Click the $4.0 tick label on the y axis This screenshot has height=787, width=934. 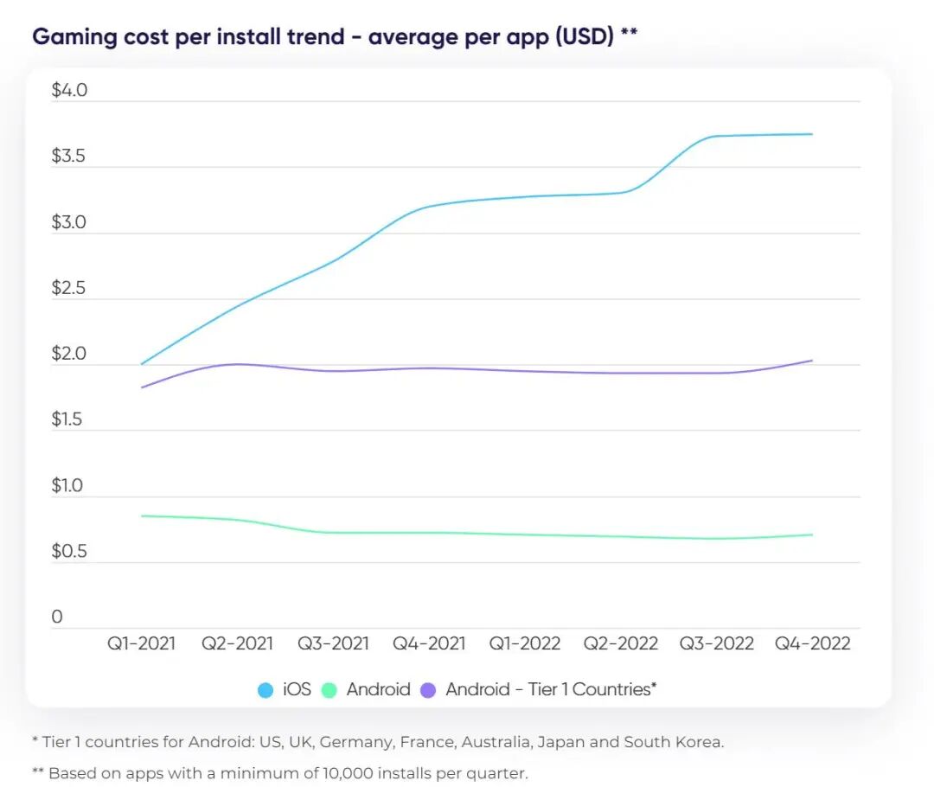[x=69, y=91]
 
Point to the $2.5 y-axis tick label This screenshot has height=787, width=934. [x=69, y=288]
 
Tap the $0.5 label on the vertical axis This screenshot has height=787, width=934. [x=69, y=552]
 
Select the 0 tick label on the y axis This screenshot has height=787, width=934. [x=57, y=617]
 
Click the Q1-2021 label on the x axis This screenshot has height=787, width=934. [x=141, y=643]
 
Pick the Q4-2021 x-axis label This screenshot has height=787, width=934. [x=429, y=643]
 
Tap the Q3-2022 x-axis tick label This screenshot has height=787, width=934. [x=715, y=643]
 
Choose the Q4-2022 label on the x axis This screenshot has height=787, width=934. [x=812, y=643]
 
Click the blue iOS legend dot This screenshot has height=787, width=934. [x=266, y=690]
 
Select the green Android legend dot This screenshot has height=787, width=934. [x=329, y=690]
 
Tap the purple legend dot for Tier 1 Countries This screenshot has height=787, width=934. [x=428, y=690]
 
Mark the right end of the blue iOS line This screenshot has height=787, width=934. [x=812, y=134]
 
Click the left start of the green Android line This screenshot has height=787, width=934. [x=142, y=516]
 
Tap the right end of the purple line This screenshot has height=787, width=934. [x=812, y=361]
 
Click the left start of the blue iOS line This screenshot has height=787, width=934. [x=142, y=364]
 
